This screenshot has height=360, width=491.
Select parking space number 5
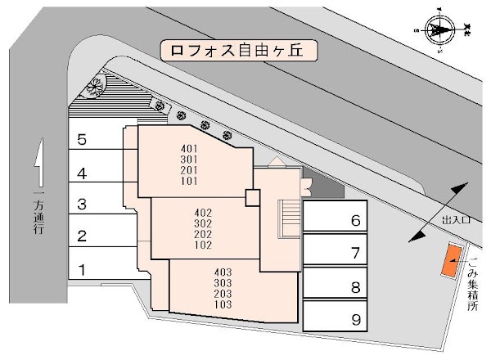click(x=95, y=139)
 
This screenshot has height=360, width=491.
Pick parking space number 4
click(x=95, y=173)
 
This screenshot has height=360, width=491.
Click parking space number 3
click(x=95, y=205)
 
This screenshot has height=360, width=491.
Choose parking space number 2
click(x=95, y=237)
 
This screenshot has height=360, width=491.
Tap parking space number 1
click(x=95, y=269)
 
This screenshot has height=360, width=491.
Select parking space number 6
click(x=336, y=219)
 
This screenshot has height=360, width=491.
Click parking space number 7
click(x=336, y=253)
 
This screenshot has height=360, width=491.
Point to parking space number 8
click(x=336, y=286)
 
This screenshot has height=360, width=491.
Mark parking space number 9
click(x=336, y=319)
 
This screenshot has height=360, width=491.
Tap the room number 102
click(x=204, y=245)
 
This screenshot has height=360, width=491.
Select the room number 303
click(x=222, y=282)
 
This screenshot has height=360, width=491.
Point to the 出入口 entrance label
click(x=457, y=220)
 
